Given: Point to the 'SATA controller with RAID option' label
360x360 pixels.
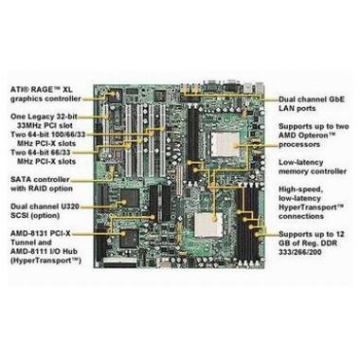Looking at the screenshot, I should pos(44,182).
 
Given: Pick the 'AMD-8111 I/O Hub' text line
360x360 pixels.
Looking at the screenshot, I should pos(46,253).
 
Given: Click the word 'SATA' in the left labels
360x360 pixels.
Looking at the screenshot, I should pos(19,176).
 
